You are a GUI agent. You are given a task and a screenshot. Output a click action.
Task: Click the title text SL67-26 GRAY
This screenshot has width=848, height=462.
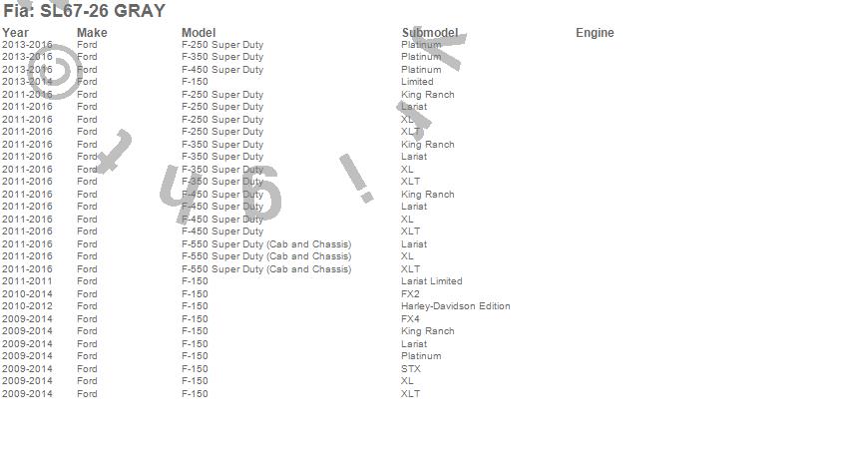pos(84,11)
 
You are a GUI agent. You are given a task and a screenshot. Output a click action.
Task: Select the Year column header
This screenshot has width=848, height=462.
pos(16,33)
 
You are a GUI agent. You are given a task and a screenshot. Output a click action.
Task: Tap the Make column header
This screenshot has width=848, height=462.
pos(92,33)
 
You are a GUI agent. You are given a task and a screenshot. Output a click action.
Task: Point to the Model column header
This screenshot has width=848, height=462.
pos(199,33)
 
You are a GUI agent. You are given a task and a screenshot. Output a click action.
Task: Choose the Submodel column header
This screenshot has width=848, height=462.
pos(429,33)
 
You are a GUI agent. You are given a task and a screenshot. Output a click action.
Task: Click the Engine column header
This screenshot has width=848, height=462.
pos(595,33)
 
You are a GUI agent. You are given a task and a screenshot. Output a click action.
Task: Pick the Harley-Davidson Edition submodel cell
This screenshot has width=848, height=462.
pos(455,306)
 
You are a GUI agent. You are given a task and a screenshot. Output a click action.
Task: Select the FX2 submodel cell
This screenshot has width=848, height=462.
pos(410,294)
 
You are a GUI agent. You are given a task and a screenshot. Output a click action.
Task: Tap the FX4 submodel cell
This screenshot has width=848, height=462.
pos(410,319)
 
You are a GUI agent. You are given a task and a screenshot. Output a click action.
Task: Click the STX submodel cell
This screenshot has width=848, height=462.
pos(411,369)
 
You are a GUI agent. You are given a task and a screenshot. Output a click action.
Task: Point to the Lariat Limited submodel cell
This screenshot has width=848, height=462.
pos(431,281)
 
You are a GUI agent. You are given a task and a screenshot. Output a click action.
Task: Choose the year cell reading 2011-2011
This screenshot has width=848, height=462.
pos(27,281)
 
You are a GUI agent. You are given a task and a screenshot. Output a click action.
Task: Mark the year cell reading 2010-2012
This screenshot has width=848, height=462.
pos(27,306)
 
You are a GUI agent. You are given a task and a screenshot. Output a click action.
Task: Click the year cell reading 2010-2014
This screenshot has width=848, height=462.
pos(27,294)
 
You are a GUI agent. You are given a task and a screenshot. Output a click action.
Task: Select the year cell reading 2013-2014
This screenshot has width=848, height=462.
pos(27,82)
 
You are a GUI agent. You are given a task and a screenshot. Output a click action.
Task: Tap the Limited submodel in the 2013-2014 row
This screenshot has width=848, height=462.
pos(417,82)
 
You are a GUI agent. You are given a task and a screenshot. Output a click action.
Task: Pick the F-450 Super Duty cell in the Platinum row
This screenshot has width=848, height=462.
pos(222,70)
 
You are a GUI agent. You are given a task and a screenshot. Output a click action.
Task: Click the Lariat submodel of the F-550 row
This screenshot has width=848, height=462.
pos(414,244)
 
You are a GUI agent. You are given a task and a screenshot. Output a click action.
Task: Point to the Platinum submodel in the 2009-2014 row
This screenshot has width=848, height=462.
pos(421,356)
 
